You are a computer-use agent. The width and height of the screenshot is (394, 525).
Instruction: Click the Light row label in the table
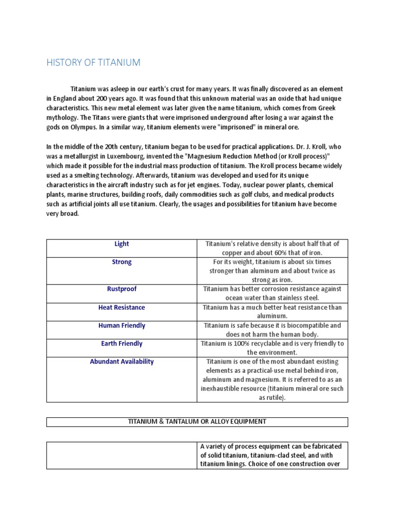[x=122, y=244]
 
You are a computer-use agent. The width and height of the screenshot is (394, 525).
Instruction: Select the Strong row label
[x=122, y=262]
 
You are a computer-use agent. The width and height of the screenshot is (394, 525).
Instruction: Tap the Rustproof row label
[x=122, y=289]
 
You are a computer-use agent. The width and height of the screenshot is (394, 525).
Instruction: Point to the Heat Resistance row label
[x=122, y=308]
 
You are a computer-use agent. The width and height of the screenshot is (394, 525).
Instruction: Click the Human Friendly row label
[x=122, y=326]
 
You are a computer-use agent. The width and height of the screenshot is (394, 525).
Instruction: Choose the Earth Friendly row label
[x=122, y=344]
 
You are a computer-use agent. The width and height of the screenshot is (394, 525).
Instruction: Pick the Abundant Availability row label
[x=122, y=361]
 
